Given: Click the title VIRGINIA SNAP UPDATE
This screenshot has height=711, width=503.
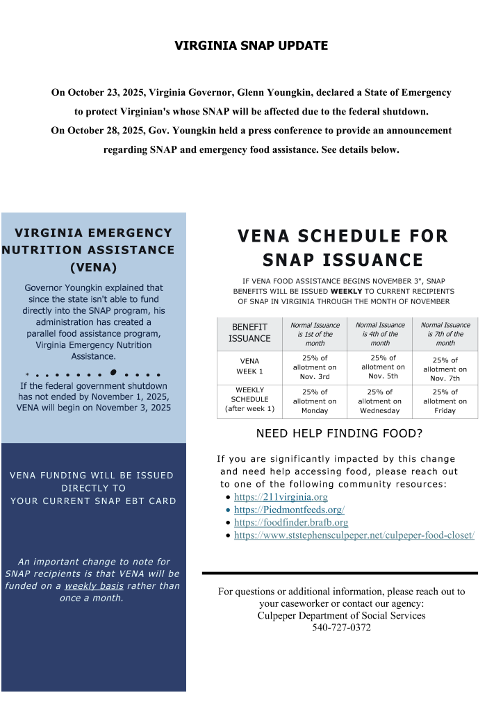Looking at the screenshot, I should tap(251, 46).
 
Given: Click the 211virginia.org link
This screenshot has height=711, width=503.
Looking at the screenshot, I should tap(281, 497).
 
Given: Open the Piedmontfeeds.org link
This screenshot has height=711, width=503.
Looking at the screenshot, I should tap(289, 510).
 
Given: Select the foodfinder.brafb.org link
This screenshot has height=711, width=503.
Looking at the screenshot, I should tap(291, 522).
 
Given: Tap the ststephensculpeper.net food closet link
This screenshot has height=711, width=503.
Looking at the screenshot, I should tap(354, 535).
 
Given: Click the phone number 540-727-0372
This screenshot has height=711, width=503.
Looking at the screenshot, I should tap(341, 628).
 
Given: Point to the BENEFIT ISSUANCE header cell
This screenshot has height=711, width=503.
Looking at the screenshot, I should tap(249, 333).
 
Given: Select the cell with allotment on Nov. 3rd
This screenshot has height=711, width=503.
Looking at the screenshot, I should tap(314, 367).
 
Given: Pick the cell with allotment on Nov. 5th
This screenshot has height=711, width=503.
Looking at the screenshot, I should tap(380, 367).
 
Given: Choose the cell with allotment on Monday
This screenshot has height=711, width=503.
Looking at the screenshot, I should tap(314, 401).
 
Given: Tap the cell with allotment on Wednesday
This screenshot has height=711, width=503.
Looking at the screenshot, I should tap(380, 401).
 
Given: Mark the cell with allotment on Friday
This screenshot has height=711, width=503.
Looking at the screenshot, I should tap(445, 401).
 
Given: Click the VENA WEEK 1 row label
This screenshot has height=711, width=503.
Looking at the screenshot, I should tap(249, 366).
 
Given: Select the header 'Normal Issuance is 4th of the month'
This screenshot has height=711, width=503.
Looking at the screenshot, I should tap(380, 334).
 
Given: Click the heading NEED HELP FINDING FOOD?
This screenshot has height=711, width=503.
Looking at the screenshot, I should tap(339, 435).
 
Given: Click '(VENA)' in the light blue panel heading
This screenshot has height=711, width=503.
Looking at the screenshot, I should tap(93, 267).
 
